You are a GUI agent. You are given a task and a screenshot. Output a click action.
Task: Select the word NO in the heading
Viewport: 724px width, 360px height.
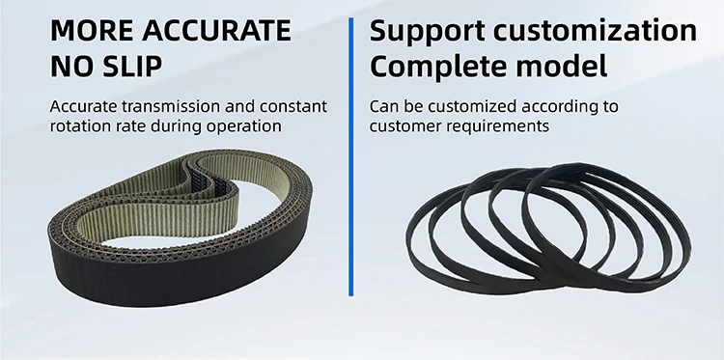[70, 69]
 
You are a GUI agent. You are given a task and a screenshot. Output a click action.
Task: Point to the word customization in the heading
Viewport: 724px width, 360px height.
[596, 31]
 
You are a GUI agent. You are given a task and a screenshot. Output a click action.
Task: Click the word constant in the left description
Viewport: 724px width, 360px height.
[292, 105]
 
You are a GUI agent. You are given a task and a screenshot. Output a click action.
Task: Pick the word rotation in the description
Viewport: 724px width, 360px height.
[81, 125]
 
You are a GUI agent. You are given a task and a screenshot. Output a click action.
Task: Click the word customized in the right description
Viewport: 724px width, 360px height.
[459, 105]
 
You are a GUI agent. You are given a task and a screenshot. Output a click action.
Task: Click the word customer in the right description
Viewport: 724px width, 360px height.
[402, 125]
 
